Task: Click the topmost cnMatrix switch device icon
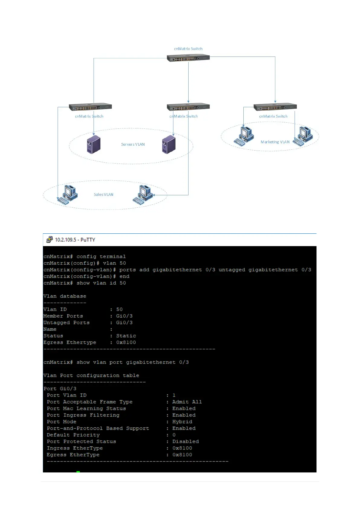tap(188, 58)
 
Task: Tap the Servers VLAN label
tap(133, 144)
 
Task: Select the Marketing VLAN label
tap(275, 142)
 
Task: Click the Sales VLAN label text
tap(103, 195)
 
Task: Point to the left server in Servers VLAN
tap(93, 144)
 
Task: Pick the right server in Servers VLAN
tap(169, 144)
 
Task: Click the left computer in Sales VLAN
tap(68, 195)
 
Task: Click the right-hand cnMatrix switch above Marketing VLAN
tap(275, 107)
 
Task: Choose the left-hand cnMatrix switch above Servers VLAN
tap(90, 107)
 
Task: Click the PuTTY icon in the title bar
tap(49, 240)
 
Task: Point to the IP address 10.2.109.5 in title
tap(65, 240)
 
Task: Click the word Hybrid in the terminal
tap(182, 422)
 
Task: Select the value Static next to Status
tap(126, 336)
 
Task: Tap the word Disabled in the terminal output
tap(185, 442)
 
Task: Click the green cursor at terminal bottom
tap(78, 472)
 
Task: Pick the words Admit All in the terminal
tap(187, 402)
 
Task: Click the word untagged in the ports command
tap(232, 270)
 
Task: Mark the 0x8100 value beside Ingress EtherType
tap(182, 448)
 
